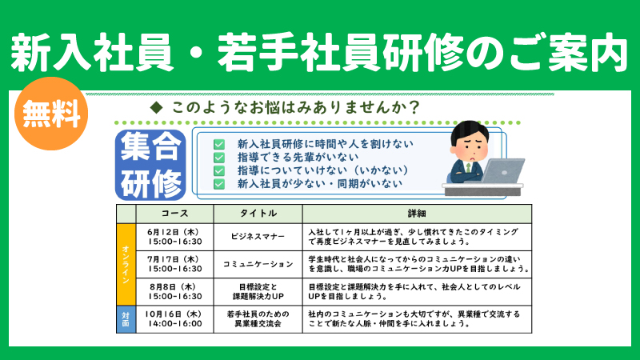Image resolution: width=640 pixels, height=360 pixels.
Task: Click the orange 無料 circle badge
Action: point(51,114)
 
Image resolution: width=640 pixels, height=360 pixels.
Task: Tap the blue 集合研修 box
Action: point(150,165)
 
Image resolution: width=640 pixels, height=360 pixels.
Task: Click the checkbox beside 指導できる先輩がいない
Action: point(219,158)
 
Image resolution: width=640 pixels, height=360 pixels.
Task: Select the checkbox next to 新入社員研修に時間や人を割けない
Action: point(219,144)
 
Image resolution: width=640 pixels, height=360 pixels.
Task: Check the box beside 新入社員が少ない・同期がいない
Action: point(219,184)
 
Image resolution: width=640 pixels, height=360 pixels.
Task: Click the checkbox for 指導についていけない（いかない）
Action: point(219,170)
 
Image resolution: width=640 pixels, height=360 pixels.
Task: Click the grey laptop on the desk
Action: point(502,171)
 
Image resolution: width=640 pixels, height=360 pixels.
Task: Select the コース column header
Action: point(174,214)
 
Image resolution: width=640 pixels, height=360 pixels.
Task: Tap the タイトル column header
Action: point(258,214)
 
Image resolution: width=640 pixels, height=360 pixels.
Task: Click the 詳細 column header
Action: point(417,214)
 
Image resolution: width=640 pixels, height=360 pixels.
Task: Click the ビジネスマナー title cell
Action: point(258,237)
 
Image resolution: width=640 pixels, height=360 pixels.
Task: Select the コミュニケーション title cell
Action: point(258,264)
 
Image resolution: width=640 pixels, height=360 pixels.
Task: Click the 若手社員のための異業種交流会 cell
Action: point(258,318)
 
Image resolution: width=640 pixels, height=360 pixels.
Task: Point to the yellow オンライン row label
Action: point(126,264)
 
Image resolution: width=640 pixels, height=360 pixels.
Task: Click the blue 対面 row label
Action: point(126,319)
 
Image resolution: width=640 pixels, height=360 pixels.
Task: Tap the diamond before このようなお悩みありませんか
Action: point(156,108)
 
